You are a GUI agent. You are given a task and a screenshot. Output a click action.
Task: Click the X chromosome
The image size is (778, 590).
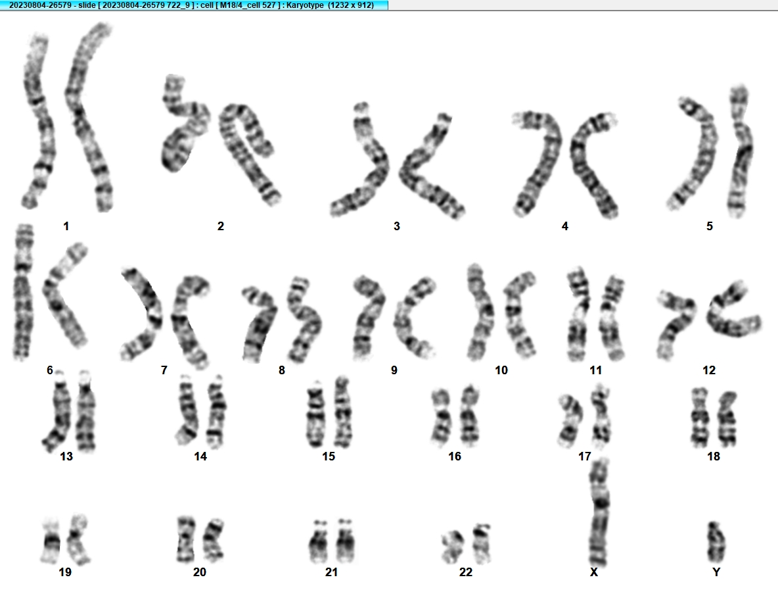(599, 514)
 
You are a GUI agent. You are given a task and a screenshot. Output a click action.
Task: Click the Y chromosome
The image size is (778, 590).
(715, 543)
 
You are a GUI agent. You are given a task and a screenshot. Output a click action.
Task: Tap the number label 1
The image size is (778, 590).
(66, 226)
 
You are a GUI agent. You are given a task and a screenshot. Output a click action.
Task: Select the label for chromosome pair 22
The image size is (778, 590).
(466, 572)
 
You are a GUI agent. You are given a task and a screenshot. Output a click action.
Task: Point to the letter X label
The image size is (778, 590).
(594, 572)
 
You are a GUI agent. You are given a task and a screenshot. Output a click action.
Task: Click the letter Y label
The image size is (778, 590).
(716, 572)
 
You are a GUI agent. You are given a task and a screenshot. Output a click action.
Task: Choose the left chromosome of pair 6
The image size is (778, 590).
(23, 292)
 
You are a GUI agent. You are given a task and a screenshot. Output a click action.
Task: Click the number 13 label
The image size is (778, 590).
(66, 456)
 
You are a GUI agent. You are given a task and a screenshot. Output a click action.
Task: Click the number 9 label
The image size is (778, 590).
(394, 370)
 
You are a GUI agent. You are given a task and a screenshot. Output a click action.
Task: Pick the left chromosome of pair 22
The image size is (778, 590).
(452, 547)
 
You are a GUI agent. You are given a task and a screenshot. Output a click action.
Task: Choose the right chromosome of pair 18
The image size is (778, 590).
(728, 418)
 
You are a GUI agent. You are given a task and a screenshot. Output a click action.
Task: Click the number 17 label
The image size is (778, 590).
(585, 456)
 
